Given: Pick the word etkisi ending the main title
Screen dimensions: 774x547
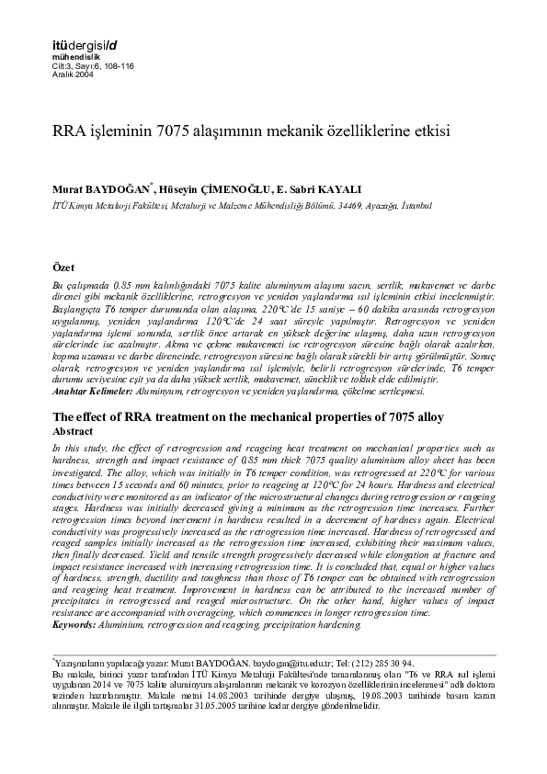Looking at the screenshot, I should click(x=427, y=131).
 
